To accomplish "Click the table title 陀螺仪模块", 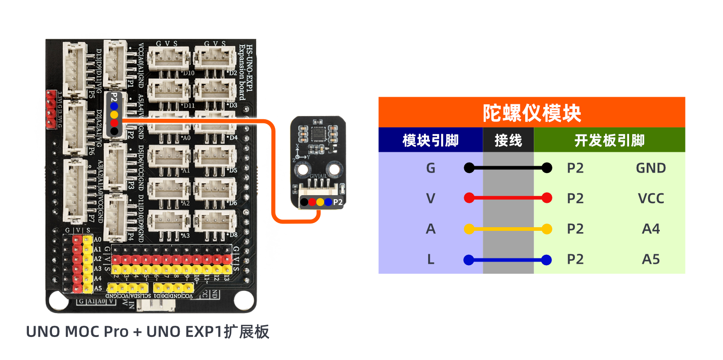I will (532, 113).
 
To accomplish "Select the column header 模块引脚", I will (430, 140).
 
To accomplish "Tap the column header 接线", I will (508, 140).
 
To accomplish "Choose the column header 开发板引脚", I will (609, 140).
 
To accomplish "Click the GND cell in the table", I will (651, 168).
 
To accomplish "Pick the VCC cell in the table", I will (651, 198).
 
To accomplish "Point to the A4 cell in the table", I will (651, 229).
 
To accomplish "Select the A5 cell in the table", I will (651, 259).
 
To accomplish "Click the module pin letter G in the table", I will (430, 168).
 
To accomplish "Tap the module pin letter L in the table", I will (430, 259).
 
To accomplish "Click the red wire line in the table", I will (508, 198).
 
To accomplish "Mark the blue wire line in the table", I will (508, 260).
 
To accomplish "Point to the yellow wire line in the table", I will (508, 229).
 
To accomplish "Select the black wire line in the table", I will (508, 168).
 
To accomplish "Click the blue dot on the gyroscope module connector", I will (328, 202).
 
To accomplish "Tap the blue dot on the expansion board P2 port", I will (114, 106).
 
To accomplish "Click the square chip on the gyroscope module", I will (318, 134).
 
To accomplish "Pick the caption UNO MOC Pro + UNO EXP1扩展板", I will (148, 332).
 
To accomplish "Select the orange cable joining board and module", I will (274, 172).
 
